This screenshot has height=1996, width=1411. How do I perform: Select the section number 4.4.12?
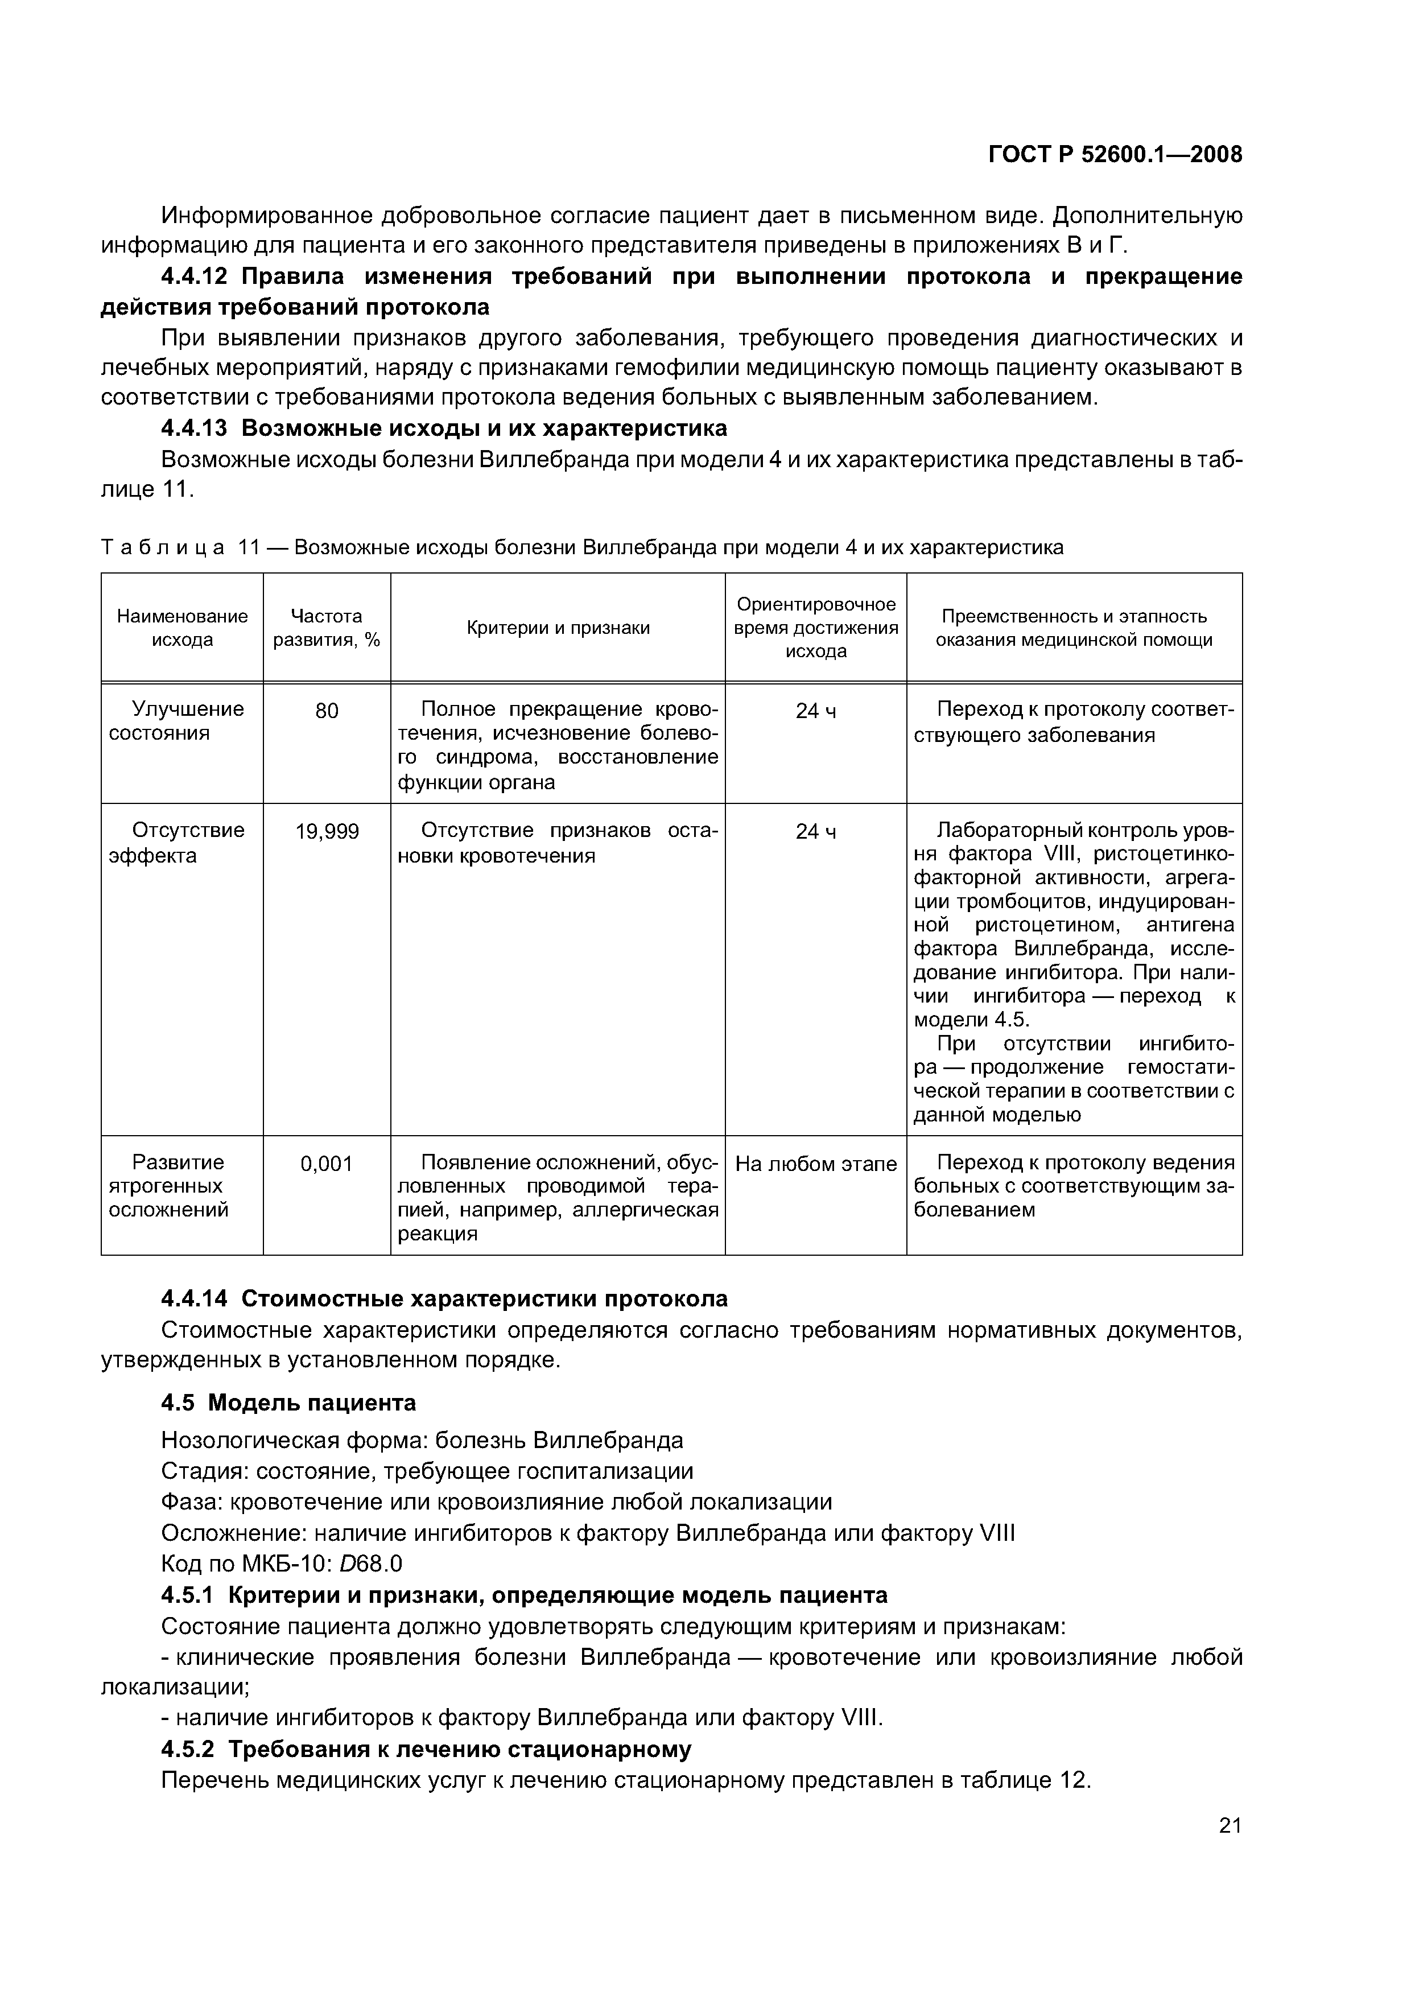194,277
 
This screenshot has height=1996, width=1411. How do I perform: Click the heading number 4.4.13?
194,428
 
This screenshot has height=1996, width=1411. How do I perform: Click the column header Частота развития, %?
327,628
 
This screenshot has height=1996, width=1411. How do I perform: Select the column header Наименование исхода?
183,628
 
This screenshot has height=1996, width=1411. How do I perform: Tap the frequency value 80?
327,711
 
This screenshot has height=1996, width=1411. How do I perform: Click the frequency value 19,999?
327,832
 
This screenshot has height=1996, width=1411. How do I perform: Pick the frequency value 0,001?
327,1163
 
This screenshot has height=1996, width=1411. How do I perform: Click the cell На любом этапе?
815,1163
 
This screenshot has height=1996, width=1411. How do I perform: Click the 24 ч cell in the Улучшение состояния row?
815,711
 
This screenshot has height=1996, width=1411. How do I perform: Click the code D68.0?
370,1564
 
